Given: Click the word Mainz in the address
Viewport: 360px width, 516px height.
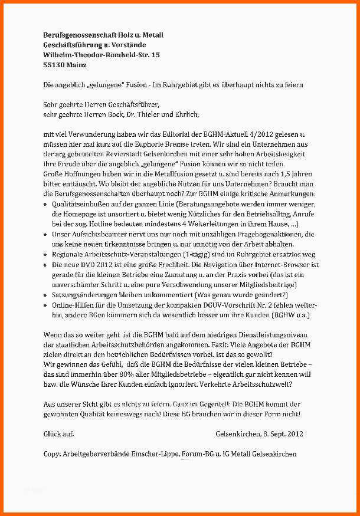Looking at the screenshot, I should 76,65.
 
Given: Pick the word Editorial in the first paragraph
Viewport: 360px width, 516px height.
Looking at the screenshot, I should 172,134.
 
